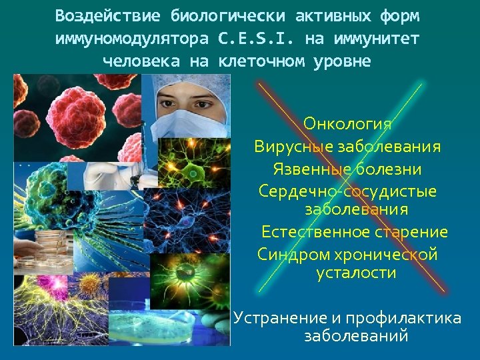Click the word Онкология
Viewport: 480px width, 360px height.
click(x=347, y=123)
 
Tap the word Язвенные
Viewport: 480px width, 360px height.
click(x=309, y=169)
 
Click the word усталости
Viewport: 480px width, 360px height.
click(x=356, y=273)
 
